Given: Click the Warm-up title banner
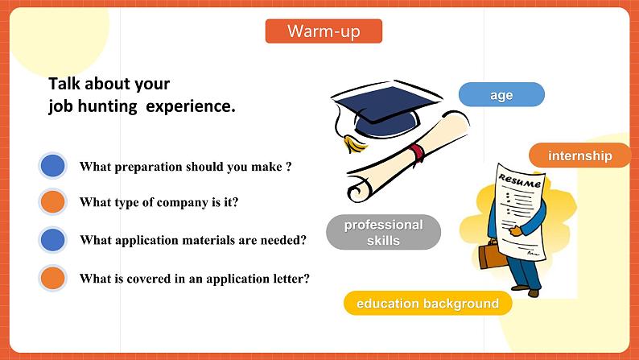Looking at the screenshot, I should pyautogui.click(x=324, y=31).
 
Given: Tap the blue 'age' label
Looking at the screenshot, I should pyautogui.click(x=501, y=95).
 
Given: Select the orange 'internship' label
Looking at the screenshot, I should pyautogui.click(x=579, y=155).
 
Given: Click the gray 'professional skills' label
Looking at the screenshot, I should pyautogui.click(x=383, y=232).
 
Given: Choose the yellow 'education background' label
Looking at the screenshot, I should pyautogui.click(x=427, y=304).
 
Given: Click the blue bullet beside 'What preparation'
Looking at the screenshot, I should pyautogui.click(x=52, y=167).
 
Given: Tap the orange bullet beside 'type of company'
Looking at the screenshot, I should pyautogui.click(x=52, y=202).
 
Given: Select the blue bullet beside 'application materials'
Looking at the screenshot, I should pyautogui.click(x=52, y=240).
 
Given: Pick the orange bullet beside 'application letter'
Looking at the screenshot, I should pyautogui.click(x=52, y=279).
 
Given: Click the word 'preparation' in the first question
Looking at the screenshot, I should pyautogui.click(x=150, y=167).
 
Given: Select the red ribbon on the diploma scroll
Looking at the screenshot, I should pyautogui.click(x=416, y=153).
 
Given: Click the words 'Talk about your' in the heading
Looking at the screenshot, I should pyautogui.click(x=109, y=84).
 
